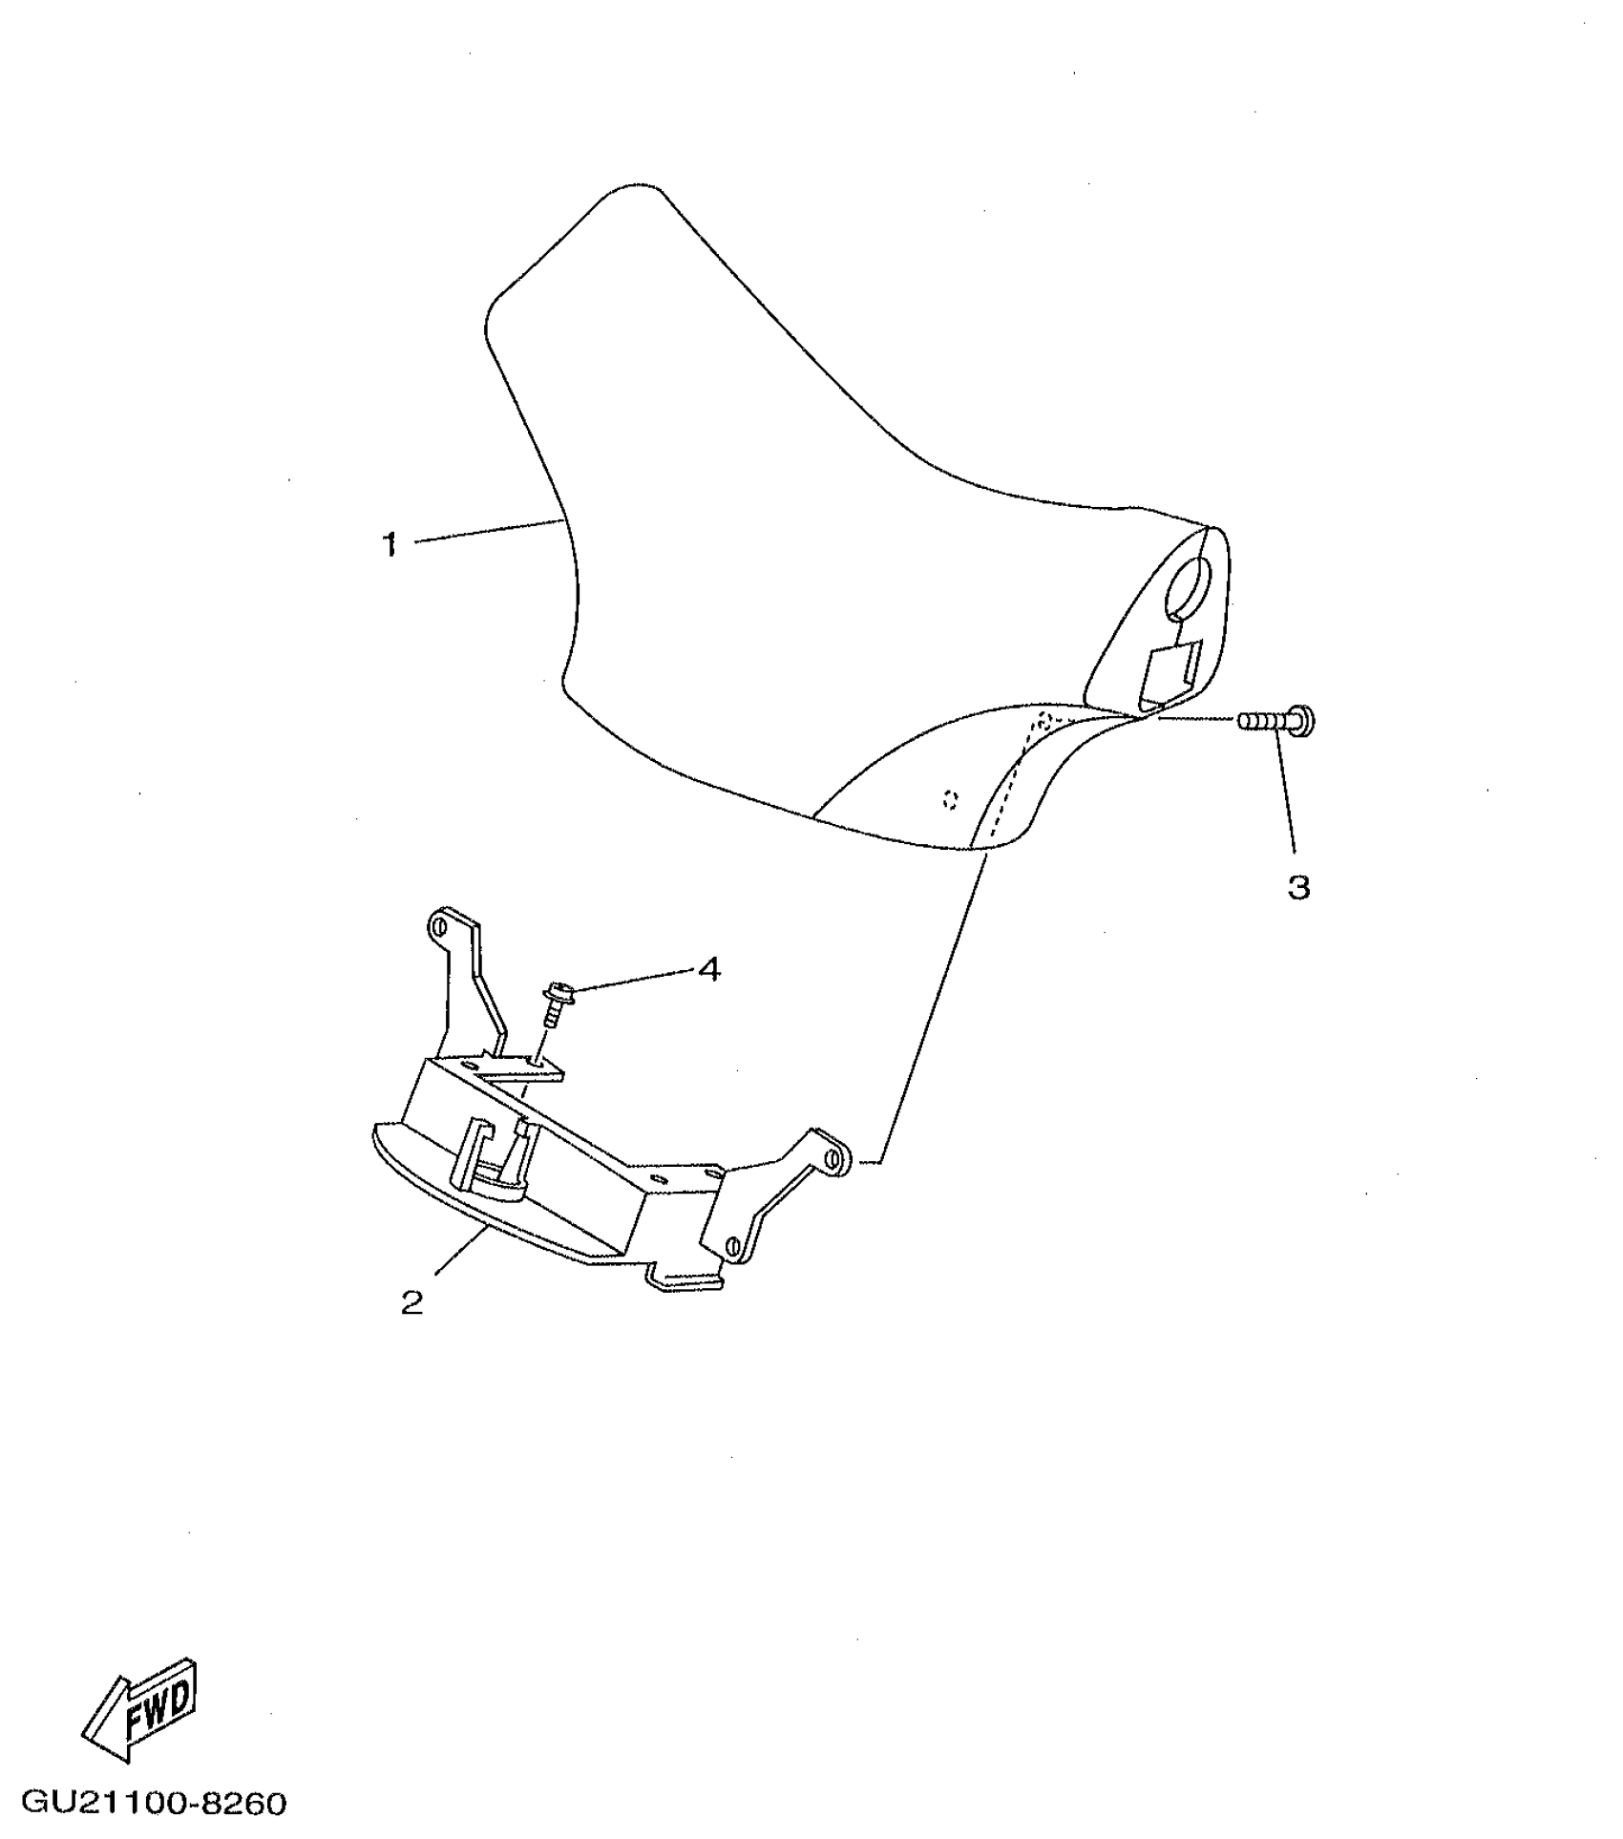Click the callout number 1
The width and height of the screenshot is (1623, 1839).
(389, 545)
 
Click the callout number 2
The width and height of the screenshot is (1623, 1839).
(411, 1302)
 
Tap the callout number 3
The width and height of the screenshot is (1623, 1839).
(1298, 888)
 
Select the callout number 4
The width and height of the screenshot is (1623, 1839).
(708, 970)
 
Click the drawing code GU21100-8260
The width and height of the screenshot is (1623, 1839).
(154, 1803)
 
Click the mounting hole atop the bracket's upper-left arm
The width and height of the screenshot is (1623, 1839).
(439, 925)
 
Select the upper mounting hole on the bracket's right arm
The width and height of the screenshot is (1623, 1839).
(835, 1158)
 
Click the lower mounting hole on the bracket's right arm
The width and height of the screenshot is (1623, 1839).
(732, 1244)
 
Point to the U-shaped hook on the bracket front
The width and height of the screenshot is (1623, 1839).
(487, 1160)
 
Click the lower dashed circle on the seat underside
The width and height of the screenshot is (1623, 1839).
(950, 799)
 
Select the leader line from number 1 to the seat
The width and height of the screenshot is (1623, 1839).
(487, 531)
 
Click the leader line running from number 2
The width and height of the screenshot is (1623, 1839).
(463, 1250)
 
